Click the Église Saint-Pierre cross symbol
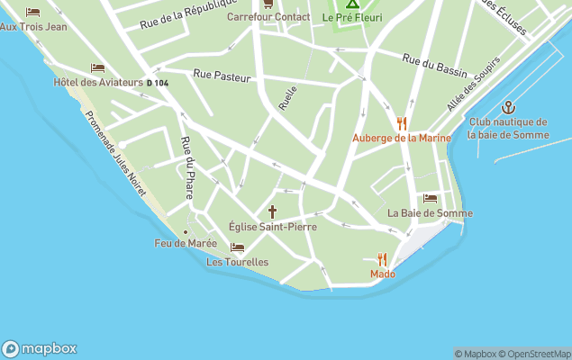[x=273, y=211]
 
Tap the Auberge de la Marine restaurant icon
[x=402, y=123]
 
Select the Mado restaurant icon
[x=382, y=259]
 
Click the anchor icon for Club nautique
[x=507, y=107]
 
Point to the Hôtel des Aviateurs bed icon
[x=97, y=67]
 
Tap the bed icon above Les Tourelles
[x=237, y=247]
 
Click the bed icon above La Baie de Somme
[x=430, y=198]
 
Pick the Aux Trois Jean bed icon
[x=33, y=12]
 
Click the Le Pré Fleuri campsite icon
[x=352, y=4]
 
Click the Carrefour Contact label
[x=268, y=17]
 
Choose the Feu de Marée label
[x=186, y=243]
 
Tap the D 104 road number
[x=157, y=83]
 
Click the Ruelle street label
[x=287, y=98]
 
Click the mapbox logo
[x=39, y=349]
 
